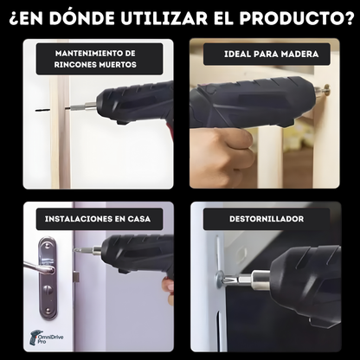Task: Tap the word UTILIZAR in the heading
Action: (x=164, y=18)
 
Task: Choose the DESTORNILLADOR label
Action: (x=267, y=219)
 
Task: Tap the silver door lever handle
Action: (x=39, y=267)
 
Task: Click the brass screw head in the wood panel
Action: (x=327, y=90)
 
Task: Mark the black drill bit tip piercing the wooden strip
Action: (x=42, y=110)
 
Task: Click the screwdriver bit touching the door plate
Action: (x=83, y=250)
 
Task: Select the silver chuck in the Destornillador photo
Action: (x=260, y=280)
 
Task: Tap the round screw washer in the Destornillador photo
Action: (x=220, y=279)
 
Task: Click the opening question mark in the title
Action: (x=14, y=19)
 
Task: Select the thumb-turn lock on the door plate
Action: (x=48, y=288)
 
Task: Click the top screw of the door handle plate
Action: (x=48, y=246)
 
